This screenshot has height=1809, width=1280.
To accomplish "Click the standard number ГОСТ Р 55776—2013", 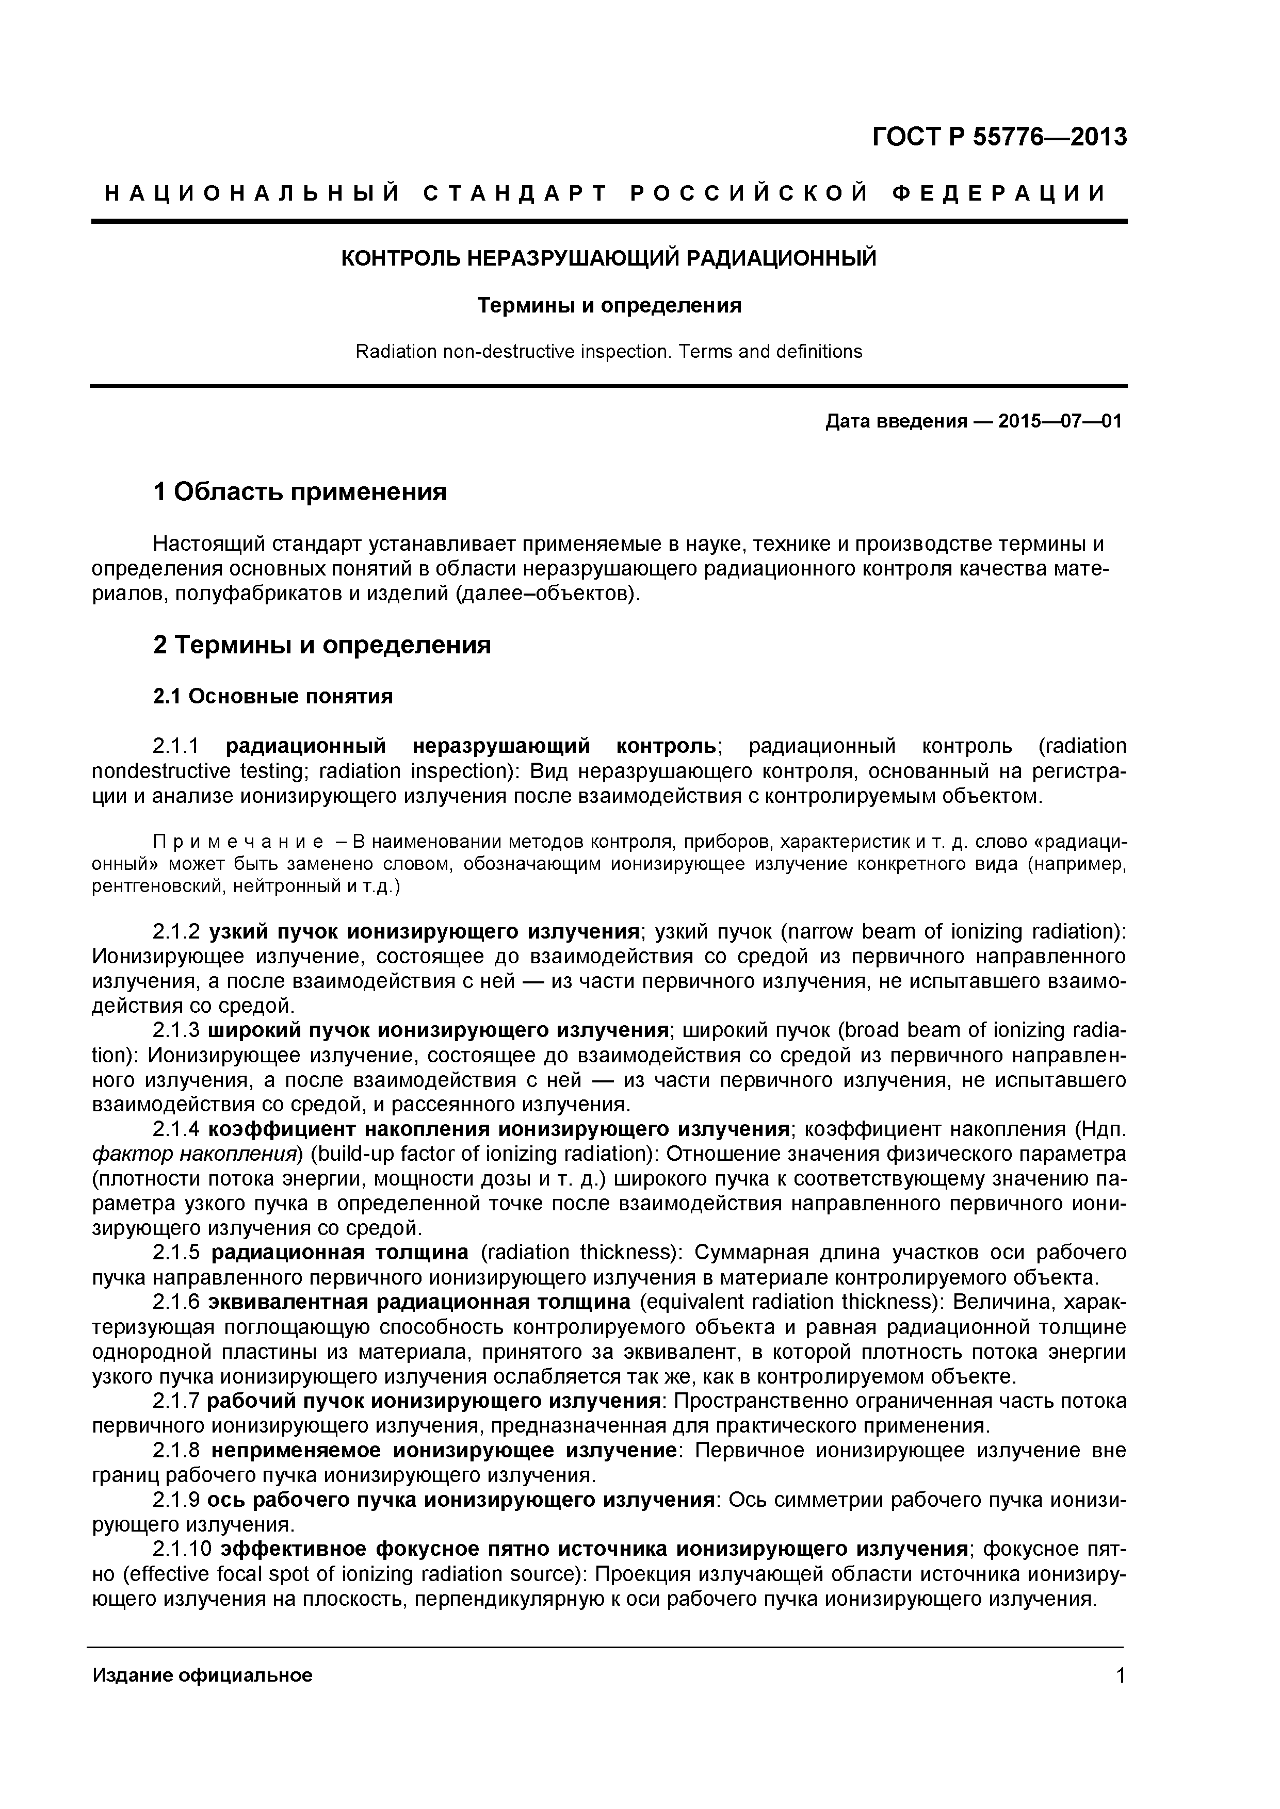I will (x=999, y=137).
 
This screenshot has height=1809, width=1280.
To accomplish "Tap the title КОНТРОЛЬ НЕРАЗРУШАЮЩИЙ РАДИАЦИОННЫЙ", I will (x=608, y=258).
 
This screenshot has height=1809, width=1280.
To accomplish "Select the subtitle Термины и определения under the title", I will (x=608, y=306).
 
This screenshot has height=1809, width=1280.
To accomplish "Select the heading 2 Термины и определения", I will (x=321, y=645).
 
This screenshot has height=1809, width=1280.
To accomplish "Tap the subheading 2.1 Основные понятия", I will (x=272, y=697).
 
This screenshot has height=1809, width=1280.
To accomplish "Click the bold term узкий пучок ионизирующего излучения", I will (x=424, y=932).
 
